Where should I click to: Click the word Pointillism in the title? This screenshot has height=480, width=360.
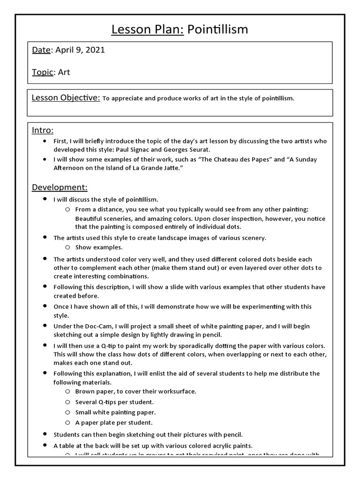(217, 30)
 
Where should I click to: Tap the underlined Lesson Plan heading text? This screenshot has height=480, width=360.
(148, 30)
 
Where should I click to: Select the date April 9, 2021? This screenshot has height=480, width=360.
(80, 50)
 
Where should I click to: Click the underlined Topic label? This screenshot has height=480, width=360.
(43, 72)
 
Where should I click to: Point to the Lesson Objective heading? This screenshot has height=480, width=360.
(66, 97)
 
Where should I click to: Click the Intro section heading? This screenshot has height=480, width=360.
(43, 130)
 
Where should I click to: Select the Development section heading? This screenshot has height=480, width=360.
(60, 187)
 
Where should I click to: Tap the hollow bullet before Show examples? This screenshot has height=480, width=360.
(67, 247)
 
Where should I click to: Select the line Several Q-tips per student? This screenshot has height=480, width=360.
(114, 402)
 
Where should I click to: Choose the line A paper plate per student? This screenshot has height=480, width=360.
(114, 422)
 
